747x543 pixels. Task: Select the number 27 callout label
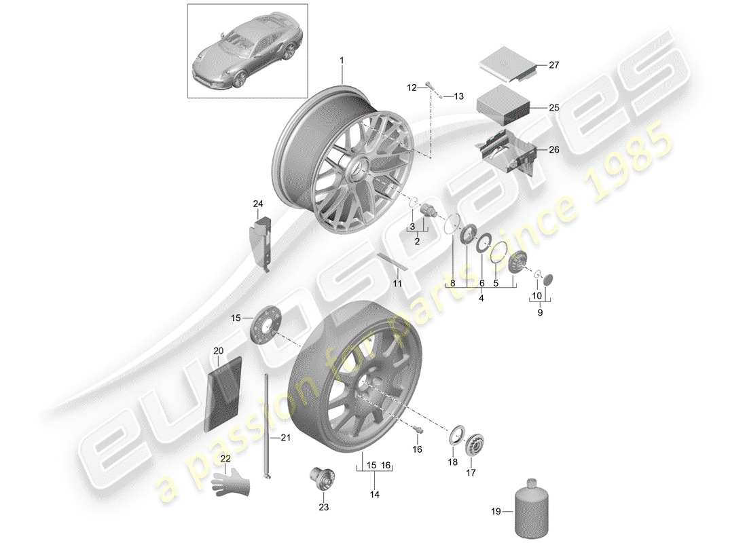click(x=553, y=66)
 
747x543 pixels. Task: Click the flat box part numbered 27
click(x=506, y=64)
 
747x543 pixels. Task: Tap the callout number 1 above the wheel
click(x=342, y=60)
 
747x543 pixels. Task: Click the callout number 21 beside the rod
click(x=285, y=438)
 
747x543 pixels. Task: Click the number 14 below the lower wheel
click(x=374, y=495)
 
